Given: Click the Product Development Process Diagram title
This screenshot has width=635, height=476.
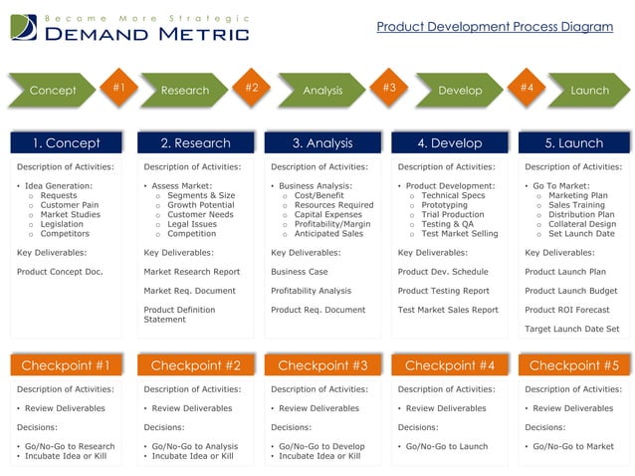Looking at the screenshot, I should pos(495,26).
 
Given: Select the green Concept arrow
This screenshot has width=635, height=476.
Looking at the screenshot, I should pos(53,91).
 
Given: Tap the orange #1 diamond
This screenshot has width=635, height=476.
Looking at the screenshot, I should pos(118,88).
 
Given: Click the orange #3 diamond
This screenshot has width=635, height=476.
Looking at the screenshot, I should pos(389,88).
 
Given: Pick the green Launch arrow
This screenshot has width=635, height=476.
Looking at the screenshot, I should pos(588,91).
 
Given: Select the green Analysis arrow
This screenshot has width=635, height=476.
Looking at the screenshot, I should pos(322,91).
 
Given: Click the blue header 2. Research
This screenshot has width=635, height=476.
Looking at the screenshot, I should pos(195,143).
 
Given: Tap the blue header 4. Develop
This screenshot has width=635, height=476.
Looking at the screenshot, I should pos(450,143).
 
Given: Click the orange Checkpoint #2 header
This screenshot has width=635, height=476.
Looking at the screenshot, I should pos(195,365).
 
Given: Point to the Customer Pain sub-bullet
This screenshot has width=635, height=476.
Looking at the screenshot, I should pos(69,205).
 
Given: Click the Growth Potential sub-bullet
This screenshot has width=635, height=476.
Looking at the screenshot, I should pos(200,205).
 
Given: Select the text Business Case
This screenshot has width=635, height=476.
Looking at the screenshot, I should pos(300,272).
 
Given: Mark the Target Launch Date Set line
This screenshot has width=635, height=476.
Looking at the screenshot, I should pos(571,329).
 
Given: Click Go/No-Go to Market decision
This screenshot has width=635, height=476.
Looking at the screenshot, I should pos(573,446).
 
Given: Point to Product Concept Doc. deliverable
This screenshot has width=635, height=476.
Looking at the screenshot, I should pos(59,272).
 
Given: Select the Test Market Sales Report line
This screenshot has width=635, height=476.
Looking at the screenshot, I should pos(448,310).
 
